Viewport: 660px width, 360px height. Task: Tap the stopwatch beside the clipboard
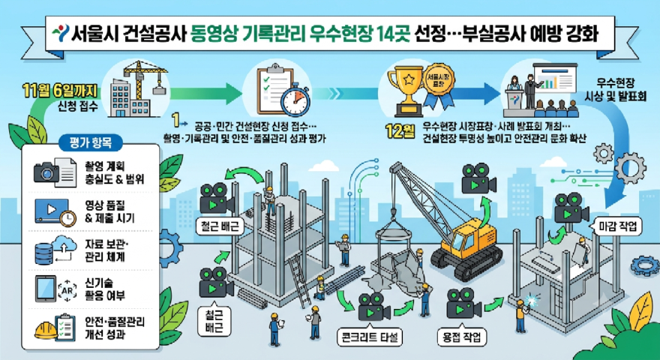point(295,100)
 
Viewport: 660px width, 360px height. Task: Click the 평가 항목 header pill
point(91,143)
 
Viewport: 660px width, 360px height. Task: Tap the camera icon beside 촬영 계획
point(46,172)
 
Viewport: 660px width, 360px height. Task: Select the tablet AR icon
point(46,289)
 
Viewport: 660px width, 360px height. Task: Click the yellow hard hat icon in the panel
point(45,330)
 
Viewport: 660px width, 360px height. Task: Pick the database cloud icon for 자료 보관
point(55,250)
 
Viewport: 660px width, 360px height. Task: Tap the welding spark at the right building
point(533,300)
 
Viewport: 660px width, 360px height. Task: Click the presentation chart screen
point(554,80)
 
